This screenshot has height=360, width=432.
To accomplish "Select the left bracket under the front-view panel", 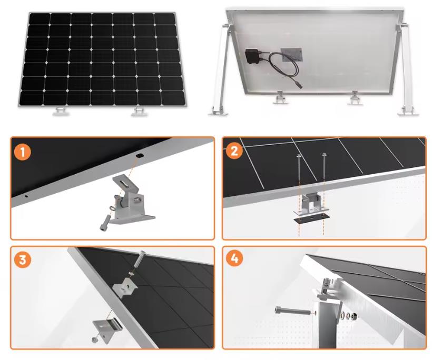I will pyautogui.click(x=62, y=111).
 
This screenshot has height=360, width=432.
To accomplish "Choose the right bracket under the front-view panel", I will pyautogui.click(x=139, y=111).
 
